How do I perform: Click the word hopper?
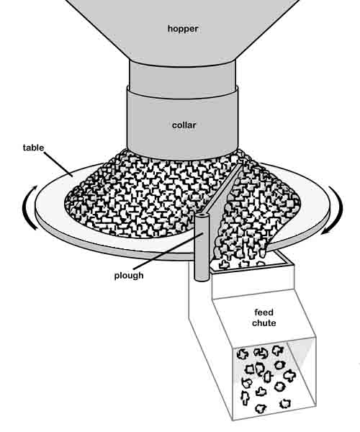click(183, 29)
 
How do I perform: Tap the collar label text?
click(184, 125)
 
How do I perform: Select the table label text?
click(33, 148)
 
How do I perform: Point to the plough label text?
click(129, 276)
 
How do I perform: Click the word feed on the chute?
click(264, 312)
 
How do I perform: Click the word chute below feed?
click(264, 323)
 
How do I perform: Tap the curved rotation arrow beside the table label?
click(30, 208)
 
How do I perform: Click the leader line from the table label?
click(58, 163)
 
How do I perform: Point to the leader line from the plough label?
click(168, 251)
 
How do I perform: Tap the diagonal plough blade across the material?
click(225, 189)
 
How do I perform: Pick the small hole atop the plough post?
click(202, 214)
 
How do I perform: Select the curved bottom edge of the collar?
click(183, 156)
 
